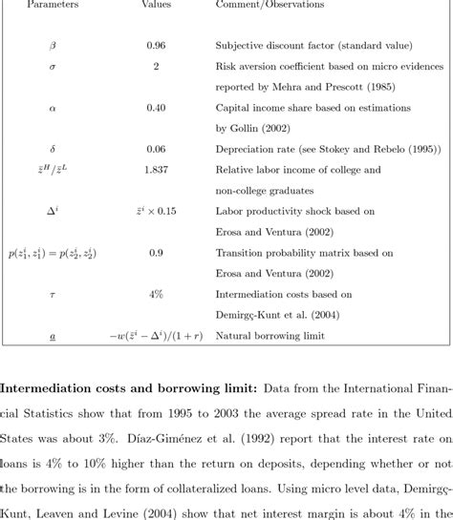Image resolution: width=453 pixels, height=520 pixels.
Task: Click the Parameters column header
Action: pos(54,5)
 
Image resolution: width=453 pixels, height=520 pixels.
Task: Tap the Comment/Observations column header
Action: pos(270,5)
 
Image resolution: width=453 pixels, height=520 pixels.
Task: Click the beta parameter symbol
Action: pos(53,46)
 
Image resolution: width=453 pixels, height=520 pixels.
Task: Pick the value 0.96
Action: pos(156,46)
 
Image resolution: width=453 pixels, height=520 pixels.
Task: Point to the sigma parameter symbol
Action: pos(53,67)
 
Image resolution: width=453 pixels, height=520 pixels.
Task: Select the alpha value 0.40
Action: pos(156,108)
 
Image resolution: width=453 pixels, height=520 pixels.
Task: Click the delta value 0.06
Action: pos(156,149)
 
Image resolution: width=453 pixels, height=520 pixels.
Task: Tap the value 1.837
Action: pos(156,170)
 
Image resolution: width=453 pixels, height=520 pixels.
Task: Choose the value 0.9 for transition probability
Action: pos(156,254)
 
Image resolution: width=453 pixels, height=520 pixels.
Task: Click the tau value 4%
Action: pos(156,295)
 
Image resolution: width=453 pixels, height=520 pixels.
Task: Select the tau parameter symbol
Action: pos(53,295)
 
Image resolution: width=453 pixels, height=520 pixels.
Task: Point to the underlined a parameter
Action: pos(53,336)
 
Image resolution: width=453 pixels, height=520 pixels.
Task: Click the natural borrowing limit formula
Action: pos(156,336)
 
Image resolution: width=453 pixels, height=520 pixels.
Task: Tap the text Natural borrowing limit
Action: pos(270,336)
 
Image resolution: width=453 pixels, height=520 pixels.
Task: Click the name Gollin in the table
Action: pos(247,128)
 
